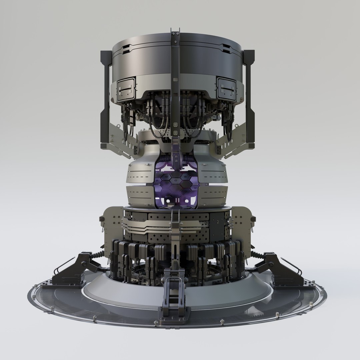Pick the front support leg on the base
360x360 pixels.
point(173,293)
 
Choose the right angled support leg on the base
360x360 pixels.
point(282,270)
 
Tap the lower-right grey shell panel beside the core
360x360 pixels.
point(213,195)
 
